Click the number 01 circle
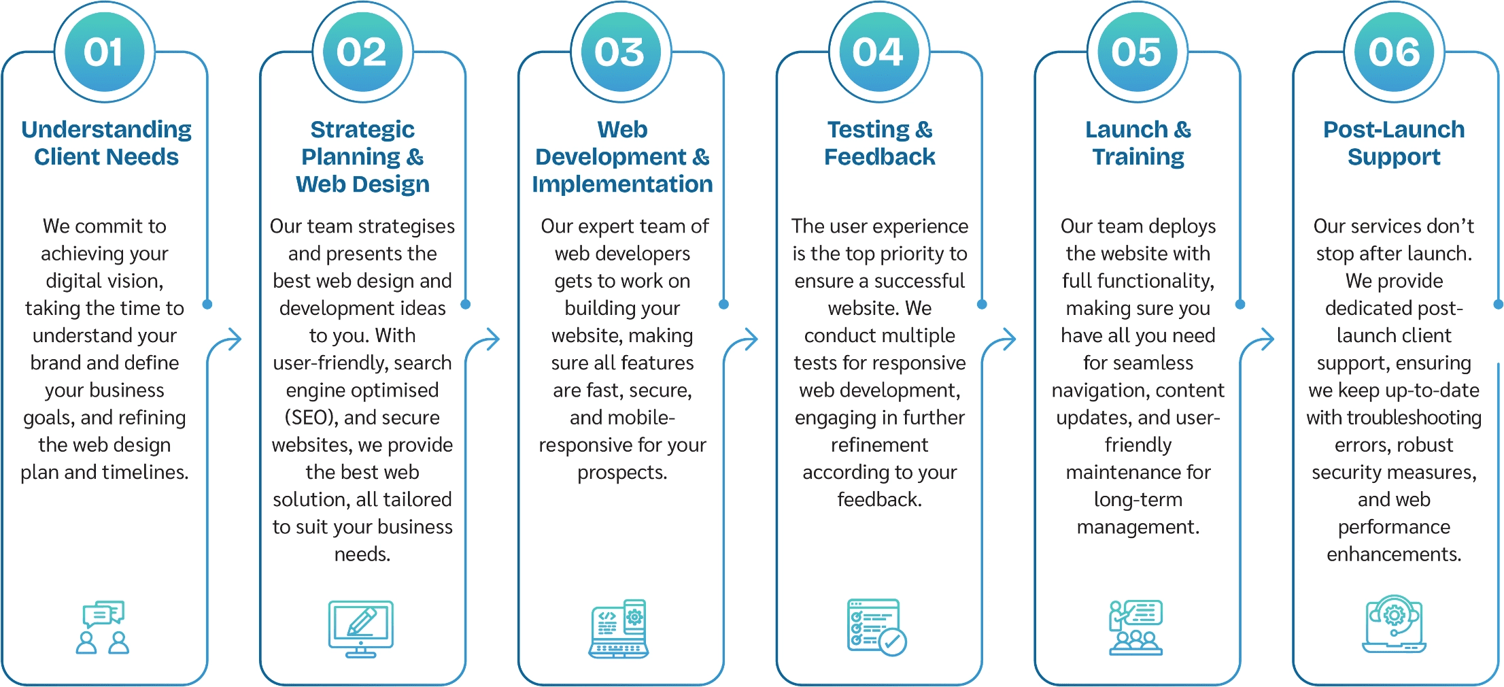[105, 52]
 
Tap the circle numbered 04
[879, 52]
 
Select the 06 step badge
[1395, 52]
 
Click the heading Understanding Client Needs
[106, 143]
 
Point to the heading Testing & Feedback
[880, 143]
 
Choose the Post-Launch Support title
[1394, 143]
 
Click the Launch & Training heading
[1138, 143]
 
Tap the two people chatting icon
[103, 627]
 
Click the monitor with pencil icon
[361, 629]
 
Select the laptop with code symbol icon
[619, 629]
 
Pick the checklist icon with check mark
[877, 627]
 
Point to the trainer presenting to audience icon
[1135, 627]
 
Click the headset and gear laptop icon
[1394, 624]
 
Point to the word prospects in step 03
[622, 473]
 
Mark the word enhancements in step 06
[1394, 554]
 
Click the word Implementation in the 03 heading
[622, 184]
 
